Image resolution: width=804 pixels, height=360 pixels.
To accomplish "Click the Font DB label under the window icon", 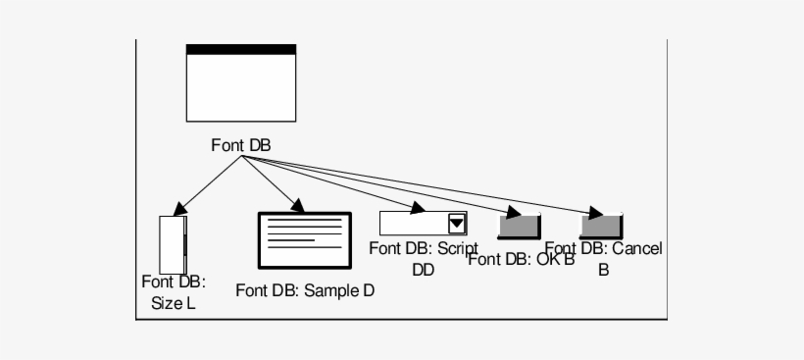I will [x=240, y=145].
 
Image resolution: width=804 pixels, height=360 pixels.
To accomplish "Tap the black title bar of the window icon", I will [x=240, y=49].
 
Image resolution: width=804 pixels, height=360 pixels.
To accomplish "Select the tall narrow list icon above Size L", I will [x=172, y=243].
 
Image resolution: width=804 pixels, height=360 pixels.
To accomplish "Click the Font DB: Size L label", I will [x=173, y=292].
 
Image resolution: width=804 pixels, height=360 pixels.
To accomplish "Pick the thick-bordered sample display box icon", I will [x=304, y=241].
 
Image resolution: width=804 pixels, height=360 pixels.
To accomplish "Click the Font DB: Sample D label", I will [x=305, y=290].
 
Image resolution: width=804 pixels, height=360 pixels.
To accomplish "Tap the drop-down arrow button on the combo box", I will [x=457, y=224].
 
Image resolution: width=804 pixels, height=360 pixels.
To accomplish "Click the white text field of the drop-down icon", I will [x=413, y=224].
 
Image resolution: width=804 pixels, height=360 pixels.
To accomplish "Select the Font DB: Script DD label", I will [x=423, y=258].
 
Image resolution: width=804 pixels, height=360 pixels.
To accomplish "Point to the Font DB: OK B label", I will [x=520, y=259].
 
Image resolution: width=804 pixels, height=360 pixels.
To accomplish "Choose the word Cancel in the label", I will [x=637, y=249].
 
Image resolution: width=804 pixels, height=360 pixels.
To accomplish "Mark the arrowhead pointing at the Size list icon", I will [x=178, y=209].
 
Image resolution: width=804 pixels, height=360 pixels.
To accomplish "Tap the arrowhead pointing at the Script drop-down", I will [x=416, y=208].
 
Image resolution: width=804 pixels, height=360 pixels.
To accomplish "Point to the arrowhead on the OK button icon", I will [x=513, y=213].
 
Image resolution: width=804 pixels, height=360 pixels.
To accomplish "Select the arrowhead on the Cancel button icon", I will [x=595, y=213].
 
